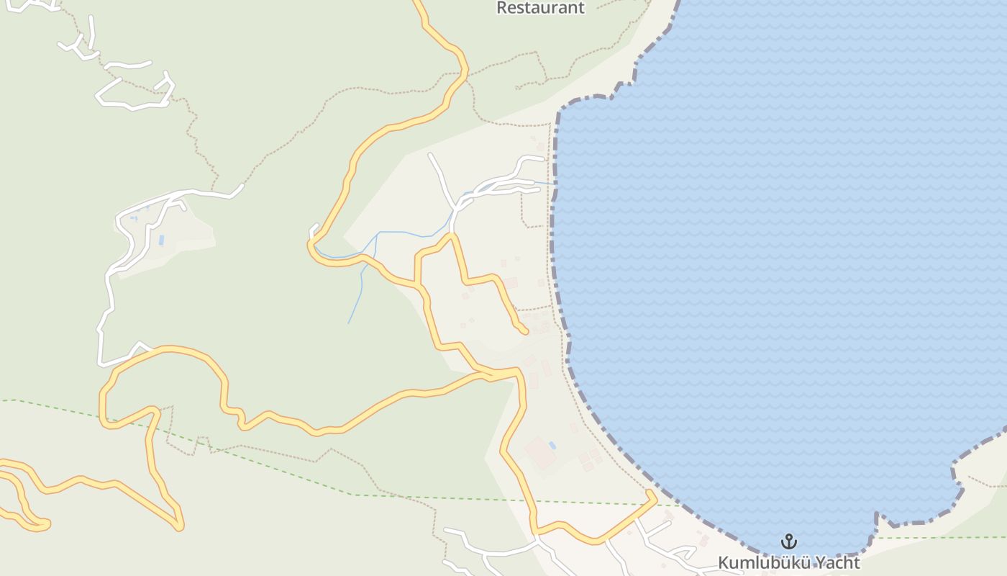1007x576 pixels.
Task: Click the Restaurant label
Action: tap(541, 8)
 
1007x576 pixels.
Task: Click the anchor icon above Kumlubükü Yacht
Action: tap(789, 541)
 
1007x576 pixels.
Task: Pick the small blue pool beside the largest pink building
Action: tap(552, 446)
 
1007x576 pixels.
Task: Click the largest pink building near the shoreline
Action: tap(539, 452)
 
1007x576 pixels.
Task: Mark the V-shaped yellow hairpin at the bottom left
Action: tap(178, 527)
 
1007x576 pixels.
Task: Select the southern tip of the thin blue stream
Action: tap(349, 323)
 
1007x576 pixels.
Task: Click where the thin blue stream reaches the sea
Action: tap(555, 183)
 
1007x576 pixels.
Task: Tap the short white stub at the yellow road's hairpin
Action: tap(314, 230)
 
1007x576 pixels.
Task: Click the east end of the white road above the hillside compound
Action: tap(242, 186)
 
